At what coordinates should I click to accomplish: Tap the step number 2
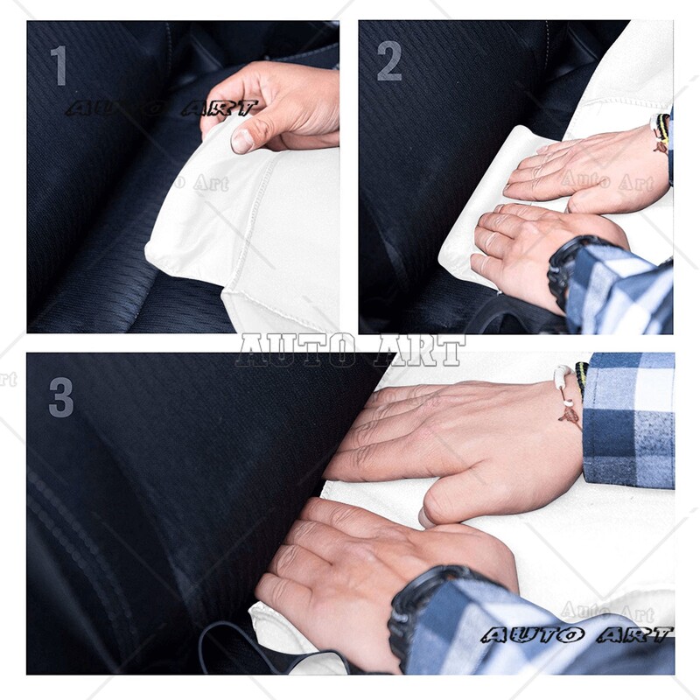pos(389,61)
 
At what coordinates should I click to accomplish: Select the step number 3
pos(60,397)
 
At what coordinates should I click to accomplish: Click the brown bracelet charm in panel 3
pos(570,415)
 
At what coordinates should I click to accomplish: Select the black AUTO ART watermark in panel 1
pos(162,108)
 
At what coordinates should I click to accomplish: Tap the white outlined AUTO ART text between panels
pos(350,350)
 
